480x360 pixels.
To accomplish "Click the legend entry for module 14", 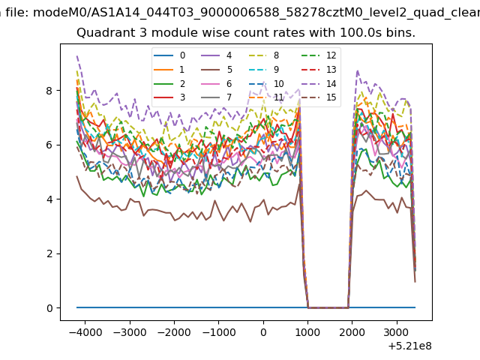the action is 320,83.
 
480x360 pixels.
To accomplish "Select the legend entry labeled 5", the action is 217,70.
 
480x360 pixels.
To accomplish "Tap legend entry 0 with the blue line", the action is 169,55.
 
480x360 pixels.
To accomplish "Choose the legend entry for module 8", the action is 265,55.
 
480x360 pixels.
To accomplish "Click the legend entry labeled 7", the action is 217,97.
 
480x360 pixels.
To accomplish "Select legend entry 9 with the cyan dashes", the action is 265,70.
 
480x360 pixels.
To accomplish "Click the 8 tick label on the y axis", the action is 49,91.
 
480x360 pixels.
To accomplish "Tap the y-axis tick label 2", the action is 49,253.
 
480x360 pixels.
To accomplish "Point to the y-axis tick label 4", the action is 49,199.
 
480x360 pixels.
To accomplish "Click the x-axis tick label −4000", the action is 85,332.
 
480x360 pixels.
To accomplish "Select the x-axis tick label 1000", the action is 307,332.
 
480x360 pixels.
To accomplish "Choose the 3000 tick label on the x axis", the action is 397,332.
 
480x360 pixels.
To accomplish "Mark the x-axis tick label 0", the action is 263,332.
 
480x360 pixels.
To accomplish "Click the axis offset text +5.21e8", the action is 410,346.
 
